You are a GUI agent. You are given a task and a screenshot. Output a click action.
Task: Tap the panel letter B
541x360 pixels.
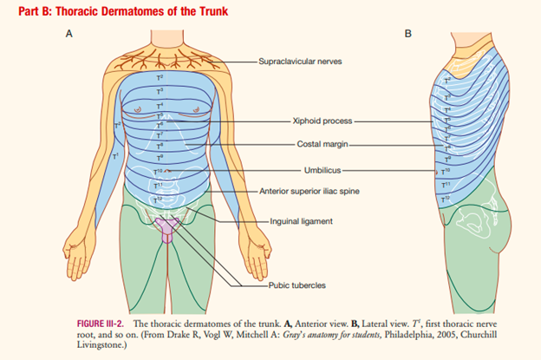click(409, 34)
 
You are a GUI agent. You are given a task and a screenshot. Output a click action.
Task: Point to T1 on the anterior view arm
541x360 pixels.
click(114, 155)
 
